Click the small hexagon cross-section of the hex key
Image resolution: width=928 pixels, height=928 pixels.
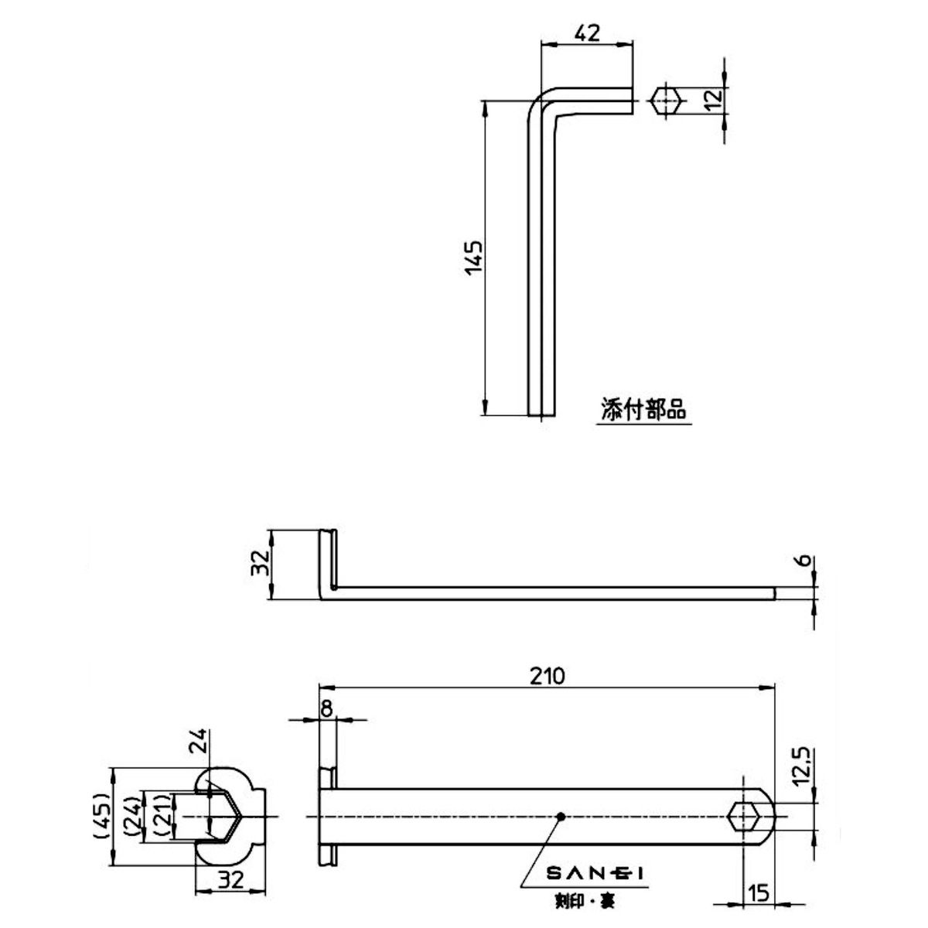(x=666, y=101)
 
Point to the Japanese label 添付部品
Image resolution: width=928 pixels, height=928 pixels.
(x=643, y=409)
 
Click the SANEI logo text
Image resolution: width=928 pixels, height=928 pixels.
(x=595, y=874)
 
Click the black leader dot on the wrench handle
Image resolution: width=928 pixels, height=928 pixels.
(x=561, y=816)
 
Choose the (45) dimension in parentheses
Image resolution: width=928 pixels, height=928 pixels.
(x=100, y=816)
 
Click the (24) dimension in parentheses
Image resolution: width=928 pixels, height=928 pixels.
(x=132, y=816)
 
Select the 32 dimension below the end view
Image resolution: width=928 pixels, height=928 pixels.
(x=231, y=879)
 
